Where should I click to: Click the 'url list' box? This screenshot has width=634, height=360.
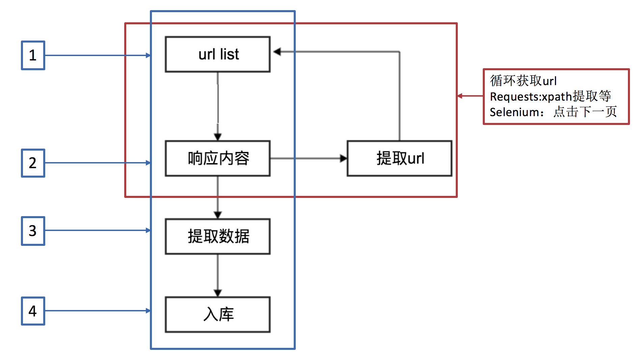click(218, 54)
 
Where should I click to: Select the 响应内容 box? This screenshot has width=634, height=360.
click(218, 158)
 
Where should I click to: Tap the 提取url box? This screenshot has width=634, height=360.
click(399, 158)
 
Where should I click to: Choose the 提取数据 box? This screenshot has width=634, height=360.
click(218, 236)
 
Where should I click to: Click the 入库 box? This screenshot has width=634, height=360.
click(218, 314)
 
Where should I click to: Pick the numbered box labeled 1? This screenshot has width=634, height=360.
click(33, 55)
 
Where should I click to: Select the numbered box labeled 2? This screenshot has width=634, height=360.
click(33, 163)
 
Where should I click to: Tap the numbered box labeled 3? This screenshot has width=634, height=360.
click(33, 231)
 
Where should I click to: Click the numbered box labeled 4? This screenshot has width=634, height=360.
click(33, 311)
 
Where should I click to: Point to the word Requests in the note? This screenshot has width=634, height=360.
click(515, 97)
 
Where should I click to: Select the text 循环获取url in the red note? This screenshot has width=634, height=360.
click(523, 81)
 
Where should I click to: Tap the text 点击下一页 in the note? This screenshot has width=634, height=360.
click(585, 112)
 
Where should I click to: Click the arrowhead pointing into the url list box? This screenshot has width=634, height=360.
click(277, 52)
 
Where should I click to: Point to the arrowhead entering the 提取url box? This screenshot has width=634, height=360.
click(343, 158)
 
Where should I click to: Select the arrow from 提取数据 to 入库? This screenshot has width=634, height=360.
click(218, 275)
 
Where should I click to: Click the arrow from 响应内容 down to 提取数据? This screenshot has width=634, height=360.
click(218, 197)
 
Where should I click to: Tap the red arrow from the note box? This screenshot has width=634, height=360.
click(470, 96)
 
